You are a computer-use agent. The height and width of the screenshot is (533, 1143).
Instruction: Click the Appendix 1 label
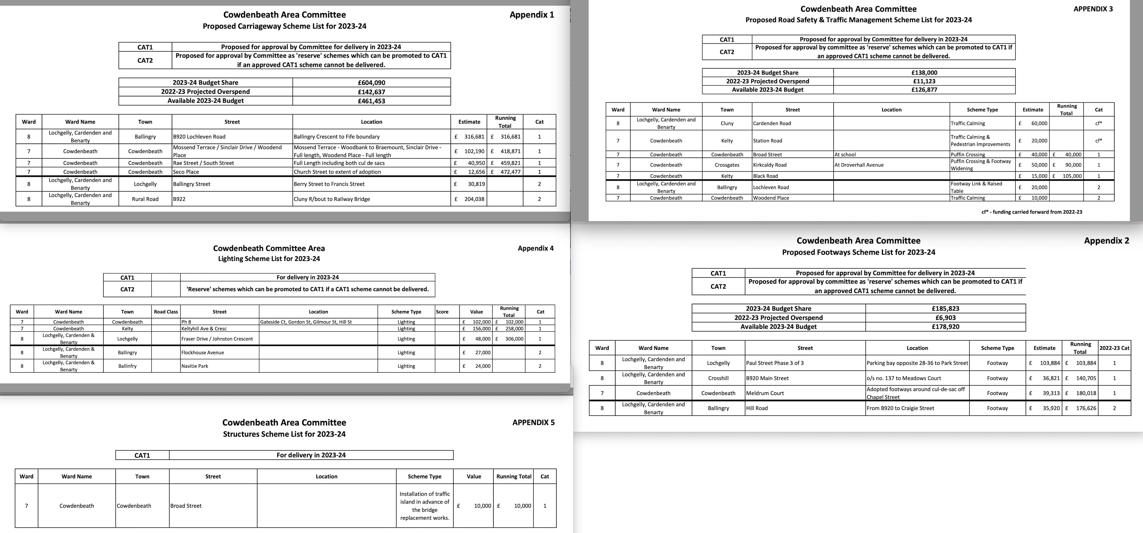click(532, 15)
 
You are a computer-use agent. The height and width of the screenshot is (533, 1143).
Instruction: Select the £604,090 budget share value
click(371, 83)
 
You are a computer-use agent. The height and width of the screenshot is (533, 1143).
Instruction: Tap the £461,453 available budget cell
click(371, 101)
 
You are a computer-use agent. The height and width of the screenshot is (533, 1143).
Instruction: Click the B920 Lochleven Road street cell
click(199, 137)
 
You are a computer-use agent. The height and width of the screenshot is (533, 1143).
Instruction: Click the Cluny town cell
click(727, 123)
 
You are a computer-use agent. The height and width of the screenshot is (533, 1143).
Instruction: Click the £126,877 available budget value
click(924, 90)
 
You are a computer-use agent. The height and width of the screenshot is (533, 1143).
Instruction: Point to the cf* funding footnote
click(1032, 212)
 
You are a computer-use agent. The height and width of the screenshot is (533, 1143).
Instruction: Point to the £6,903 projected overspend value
click(945, 317)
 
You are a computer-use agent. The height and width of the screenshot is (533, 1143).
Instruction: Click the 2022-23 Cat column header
click(1114, 348)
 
